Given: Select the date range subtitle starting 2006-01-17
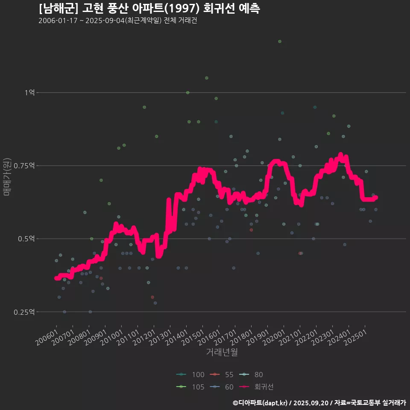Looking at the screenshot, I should tap(117, 20).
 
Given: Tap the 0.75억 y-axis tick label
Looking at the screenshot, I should tap(26, 166).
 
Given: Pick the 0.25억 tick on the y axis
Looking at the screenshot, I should tap(26, 312).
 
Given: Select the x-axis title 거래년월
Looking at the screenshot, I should tap(222, 352).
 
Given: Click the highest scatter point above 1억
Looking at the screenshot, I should tap(280, 41).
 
